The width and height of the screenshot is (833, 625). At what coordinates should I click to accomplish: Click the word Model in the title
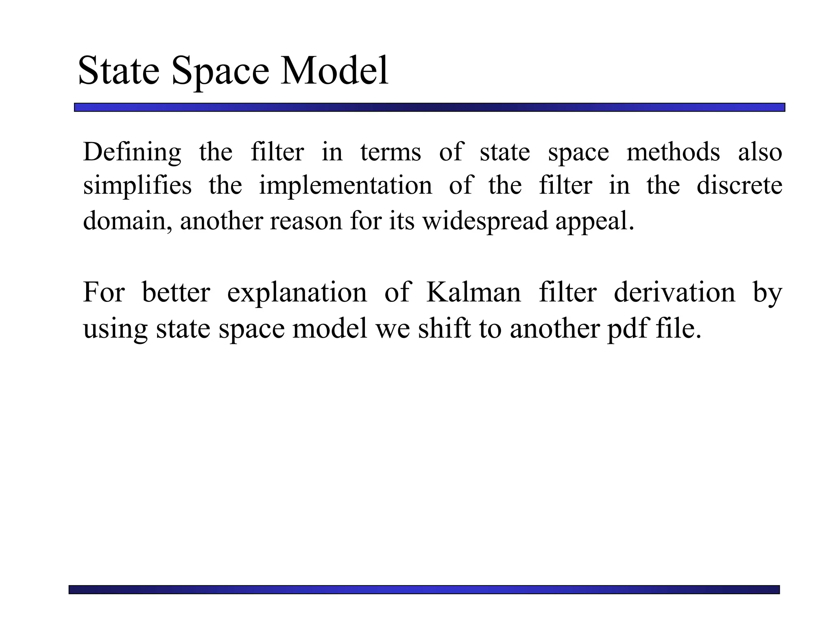point(334,71)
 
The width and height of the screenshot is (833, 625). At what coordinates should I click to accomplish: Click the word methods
point(673,152)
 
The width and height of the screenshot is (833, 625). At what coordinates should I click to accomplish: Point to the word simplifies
point(137,186)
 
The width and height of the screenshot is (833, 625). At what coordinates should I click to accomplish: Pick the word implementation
point(345,186)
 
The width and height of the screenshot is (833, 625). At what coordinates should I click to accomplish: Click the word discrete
point(739,186)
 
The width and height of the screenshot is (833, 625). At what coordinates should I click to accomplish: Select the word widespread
point(485,221)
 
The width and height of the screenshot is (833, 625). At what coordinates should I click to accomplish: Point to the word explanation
point(297,293)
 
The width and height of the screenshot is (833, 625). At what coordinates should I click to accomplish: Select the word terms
point(390,152)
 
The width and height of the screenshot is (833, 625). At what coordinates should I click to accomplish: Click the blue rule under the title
point(429,107)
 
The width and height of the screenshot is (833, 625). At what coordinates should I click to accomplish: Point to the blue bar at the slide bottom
point(424,590)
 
